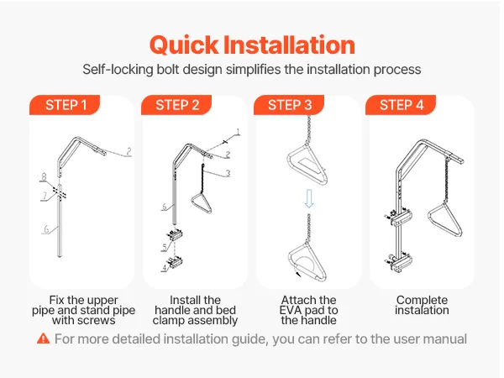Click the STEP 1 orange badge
pos(65,105)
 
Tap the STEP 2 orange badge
pos(176,105)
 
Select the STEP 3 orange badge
pos(289,105)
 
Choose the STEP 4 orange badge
pos(401,105)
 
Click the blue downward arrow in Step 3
pos(309,198)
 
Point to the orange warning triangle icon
pos(44,339)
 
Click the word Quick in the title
pos(183,45)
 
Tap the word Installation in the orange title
pos(289,45)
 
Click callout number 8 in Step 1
pos(44,176)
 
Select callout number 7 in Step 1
pos(45,196)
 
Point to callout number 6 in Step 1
pos(46,228)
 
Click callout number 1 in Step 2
pos(238,132)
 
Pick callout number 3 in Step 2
pos(228,173)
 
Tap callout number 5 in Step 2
pos(165,247)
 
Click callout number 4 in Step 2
pos(165,267)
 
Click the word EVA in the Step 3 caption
pos(291,310)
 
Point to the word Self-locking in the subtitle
pos(118,70)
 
